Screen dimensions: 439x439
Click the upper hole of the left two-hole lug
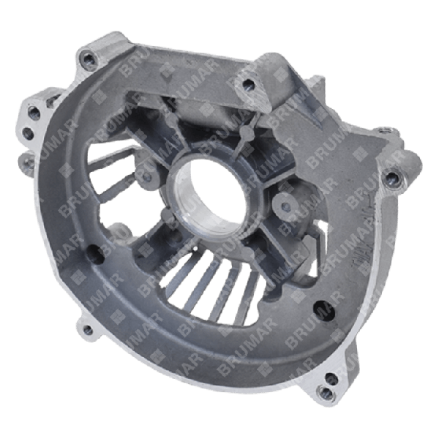[x=34, y=111]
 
